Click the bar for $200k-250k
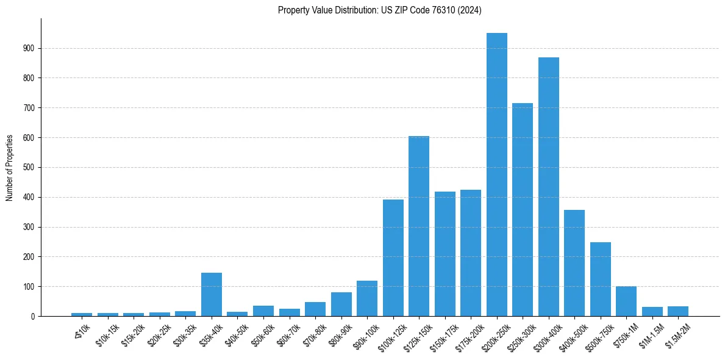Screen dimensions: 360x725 (496, 175)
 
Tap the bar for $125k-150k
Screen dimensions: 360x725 (418, 226)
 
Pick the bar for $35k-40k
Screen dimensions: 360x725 (212, 294)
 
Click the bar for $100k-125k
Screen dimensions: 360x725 (393, 257)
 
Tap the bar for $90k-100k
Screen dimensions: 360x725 (367, 298)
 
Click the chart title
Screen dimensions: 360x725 (380, 10)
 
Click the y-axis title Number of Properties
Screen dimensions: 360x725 (10, 167)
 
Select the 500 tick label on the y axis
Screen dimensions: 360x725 (30, 167)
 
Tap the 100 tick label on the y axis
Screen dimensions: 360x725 (30, 286)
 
